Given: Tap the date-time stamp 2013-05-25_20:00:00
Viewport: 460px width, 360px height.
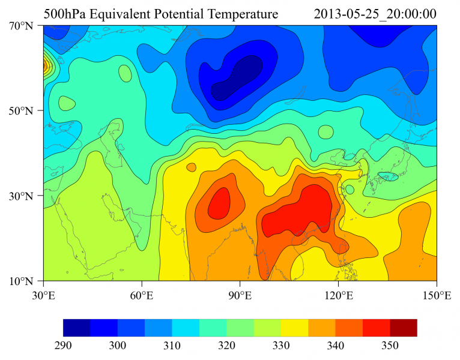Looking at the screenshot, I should (x=375, y=13).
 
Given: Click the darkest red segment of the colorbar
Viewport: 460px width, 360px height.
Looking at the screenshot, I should (x=404, y=328).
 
